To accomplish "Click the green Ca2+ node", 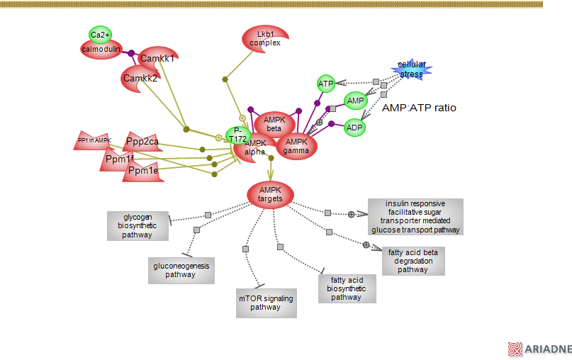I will tap(100, 35).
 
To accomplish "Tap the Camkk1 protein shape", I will tap(157, 58).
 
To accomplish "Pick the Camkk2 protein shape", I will tap(140, 78).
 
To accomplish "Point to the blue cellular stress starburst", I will tap(411, 69).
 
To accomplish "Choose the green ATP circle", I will tap(325, 84).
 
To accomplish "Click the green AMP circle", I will tap(355, 101).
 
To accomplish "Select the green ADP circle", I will tap(354, 128).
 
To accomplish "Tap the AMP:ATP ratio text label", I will tap(419, 108).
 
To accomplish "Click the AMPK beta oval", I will tap(274, 124).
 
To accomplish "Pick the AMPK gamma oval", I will tap(296, 146).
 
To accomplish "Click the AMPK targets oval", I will tap(270, 193).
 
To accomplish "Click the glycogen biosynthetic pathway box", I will tap(138, 225).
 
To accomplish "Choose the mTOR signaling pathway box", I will tap(265, 303).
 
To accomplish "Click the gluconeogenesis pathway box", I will tap(180, 270).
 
